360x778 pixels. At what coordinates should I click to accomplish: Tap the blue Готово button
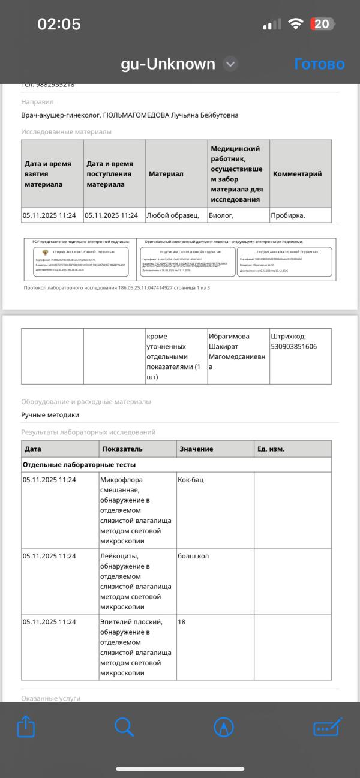[x=319, y=64]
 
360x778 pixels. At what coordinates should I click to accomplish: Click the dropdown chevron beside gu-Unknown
[x=230, y=64]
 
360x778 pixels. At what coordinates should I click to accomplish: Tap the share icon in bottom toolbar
[x=26, y=727]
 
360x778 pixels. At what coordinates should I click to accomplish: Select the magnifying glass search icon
[x=124, y=727]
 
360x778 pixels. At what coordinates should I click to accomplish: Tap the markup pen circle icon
[x=224, y=727]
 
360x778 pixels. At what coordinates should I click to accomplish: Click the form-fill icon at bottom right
[x=327, y=727]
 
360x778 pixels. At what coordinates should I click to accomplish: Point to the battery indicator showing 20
[x=322, y=24]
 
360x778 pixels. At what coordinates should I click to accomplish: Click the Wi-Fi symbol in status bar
[x=295, y=24]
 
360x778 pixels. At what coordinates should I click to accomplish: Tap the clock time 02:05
[x=59, y=24]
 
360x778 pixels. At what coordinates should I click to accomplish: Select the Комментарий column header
[x=297, y=174]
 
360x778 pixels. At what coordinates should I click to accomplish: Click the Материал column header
[x=166, y=174]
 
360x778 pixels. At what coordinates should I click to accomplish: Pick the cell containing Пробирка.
[x=288, y=215]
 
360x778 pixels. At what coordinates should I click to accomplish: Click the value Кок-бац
[x=191, y=480]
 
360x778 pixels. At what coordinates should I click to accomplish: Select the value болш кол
[x=193, y=556]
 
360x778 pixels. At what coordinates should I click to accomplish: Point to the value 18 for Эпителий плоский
[x=182, y=622]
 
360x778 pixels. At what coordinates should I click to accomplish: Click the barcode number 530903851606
[x=294, y=347]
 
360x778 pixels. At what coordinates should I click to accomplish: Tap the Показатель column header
[x=122, y=449]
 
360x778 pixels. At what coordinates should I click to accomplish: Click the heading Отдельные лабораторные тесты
[x=79, y=465]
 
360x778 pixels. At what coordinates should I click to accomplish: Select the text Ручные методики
[x=50, y=415]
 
